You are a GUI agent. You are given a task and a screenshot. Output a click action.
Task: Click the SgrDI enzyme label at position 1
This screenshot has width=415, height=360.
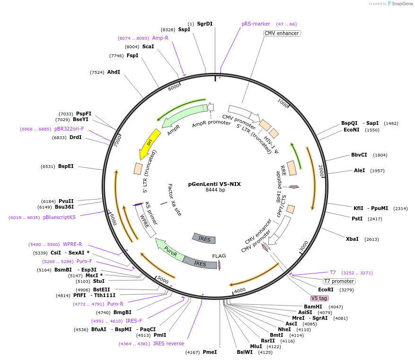click(x=204, y=24)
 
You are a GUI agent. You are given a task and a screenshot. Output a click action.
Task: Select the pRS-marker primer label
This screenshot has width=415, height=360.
click(x=256, y=24)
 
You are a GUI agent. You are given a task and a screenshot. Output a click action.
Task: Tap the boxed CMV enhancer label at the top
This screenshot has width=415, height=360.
click(x=282, y=33)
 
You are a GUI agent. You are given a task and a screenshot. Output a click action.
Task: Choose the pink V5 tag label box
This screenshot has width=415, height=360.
click(x=319, y=299)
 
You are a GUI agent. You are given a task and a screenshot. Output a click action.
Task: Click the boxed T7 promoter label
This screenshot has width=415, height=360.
click(x=339, y=281)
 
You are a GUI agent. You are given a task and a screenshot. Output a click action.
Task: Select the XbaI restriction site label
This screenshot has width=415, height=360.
click(x=352, y=239)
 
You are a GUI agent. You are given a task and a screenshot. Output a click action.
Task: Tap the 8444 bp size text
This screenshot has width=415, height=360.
click(x=215, y=190)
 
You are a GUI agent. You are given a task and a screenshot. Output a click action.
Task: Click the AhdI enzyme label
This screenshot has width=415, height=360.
click(x=113, y=72)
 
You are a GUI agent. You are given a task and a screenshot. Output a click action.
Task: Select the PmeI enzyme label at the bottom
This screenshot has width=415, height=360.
click(x=209, y=352)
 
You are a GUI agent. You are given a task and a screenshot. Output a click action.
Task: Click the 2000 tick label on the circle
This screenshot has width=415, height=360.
click(x=321, y=171)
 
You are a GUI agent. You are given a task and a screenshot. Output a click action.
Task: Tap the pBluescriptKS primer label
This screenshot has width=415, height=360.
click(x=59, y=218)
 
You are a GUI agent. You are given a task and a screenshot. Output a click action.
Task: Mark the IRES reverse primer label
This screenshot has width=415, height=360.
click(x=168, y=343)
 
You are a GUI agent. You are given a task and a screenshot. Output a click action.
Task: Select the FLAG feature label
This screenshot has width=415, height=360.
click(x=219, y=256)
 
